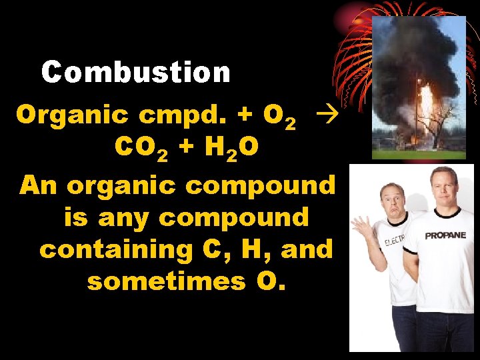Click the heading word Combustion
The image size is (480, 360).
136,72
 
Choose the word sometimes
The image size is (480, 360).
166,282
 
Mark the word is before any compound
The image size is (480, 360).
77,217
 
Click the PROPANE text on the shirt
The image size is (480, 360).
445,235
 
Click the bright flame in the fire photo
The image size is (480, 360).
425,107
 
